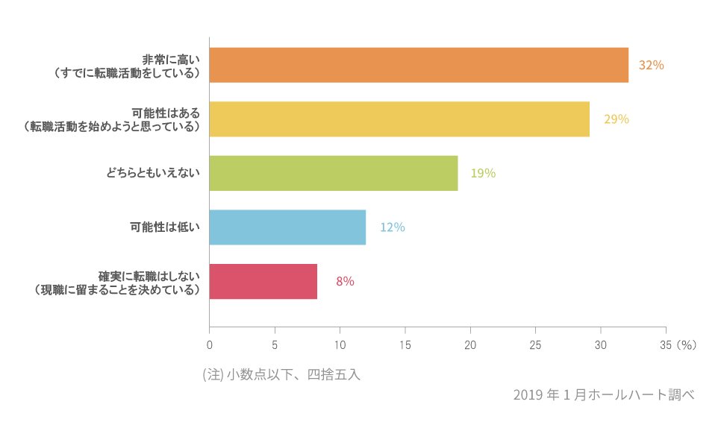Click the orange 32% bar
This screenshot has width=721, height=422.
(418, 65)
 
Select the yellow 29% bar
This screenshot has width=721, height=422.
(399, 119)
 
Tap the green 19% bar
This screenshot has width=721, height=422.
(333, 173)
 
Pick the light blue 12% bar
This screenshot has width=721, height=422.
(287, 227)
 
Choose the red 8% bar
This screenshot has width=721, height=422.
(263, 281)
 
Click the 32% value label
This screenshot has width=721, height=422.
(651, 66)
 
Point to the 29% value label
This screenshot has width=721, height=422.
(617, 119)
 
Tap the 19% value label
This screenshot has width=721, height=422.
(483, 174)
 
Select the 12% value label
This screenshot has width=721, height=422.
(392, 227)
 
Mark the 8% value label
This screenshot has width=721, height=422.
(345, 282)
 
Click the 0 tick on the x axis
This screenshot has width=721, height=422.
(209, 345)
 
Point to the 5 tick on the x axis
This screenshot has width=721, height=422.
(275, 345)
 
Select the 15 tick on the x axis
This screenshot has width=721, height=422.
(405, 345)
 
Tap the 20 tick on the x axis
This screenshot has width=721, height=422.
(470, 345)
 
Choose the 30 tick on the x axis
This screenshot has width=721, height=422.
(601, 345)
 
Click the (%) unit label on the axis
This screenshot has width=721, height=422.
(685, 345)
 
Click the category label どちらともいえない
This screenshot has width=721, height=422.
(154, 173)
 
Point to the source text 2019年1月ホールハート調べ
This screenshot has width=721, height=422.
(603, 395)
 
